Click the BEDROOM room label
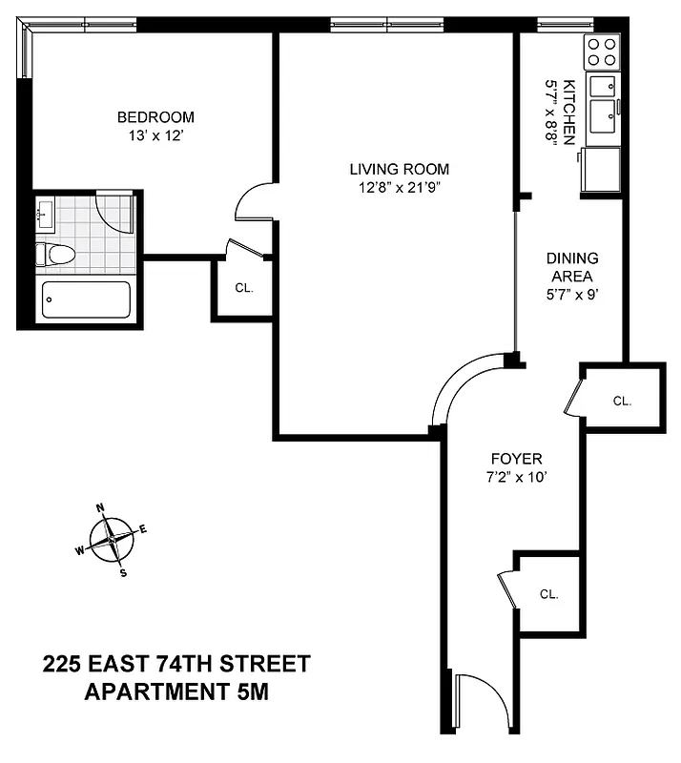155,117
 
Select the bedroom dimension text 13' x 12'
155,136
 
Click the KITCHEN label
569,112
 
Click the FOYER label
516,457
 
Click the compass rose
112,539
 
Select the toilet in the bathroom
54,255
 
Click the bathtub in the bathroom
86,299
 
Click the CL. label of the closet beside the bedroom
244,287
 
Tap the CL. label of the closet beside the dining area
622,402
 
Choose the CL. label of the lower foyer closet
548,594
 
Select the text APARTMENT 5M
177,691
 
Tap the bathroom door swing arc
115,213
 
